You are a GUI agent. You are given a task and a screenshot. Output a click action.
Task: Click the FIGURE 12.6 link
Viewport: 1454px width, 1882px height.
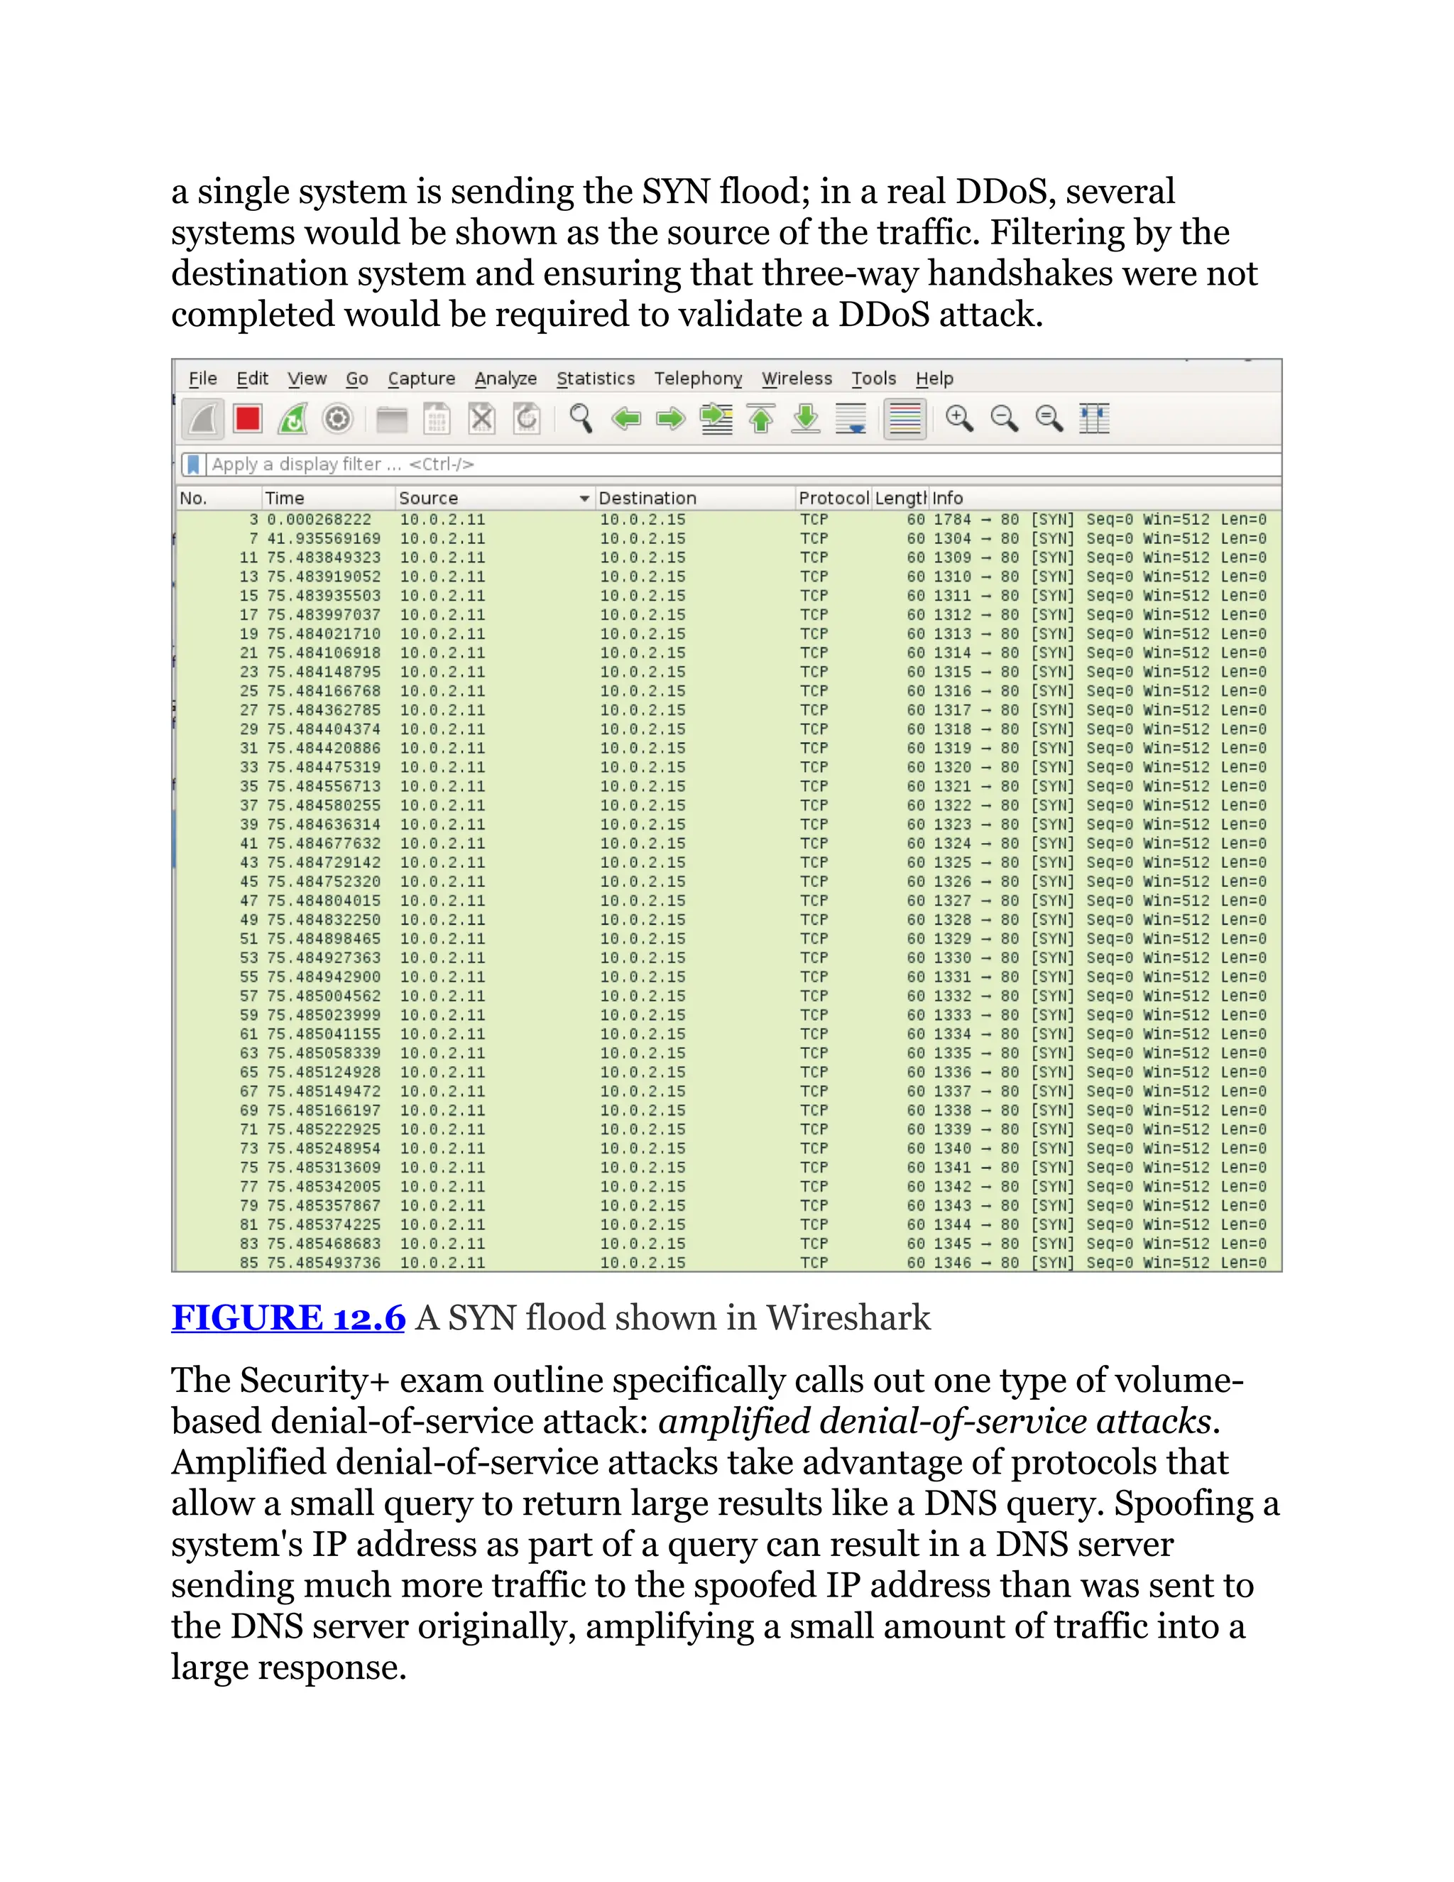pos(288,1317)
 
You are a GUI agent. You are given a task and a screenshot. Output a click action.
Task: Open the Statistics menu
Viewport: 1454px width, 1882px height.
pos(595,379)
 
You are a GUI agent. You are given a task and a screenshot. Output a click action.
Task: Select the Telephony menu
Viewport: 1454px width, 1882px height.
pos(698,379)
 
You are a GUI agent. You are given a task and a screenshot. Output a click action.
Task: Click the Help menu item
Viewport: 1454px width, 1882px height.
pos(934,379)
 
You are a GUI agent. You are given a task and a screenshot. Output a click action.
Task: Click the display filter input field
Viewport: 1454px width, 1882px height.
pos(689,464)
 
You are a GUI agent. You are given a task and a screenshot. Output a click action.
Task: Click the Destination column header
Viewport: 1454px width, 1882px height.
pos(647,498)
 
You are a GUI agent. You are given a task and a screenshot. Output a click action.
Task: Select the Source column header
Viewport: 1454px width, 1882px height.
pos(428,498)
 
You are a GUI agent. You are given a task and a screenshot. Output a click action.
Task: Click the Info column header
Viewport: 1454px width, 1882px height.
pos(948,498)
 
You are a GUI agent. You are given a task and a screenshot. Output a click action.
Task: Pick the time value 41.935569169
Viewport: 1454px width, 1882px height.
pos(323,538)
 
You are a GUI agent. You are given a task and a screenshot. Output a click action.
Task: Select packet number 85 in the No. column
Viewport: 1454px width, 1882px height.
pos(249,1263)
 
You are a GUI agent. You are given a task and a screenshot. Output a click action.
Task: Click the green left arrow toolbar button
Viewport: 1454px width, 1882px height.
pos(626,420)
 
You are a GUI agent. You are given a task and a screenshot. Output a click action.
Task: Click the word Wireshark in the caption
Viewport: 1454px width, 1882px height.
pos(848,1317)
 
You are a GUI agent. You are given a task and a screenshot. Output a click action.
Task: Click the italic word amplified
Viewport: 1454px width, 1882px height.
pos(733,1422)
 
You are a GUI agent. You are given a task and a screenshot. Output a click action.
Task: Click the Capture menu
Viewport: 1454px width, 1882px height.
pos(421,379)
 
